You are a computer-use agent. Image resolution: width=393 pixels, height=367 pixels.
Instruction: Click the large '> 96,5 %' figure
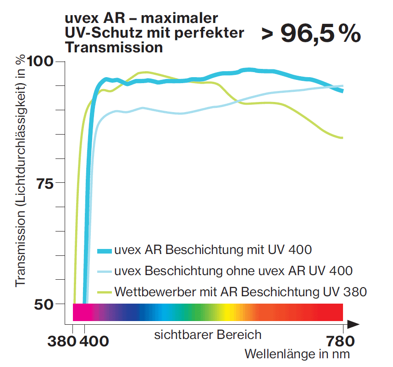(311, 34)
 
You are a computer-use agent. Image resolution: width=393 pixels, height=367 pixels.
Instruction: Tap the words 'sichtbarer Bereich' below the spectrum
(208, 334)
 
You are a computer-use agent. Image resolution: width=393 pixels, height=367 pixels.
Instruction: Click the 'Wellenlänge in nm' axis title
(297, 354)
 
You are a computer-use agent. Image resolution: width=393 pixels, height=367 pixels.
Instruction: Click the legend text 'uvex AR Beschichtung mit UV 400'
(213, 250)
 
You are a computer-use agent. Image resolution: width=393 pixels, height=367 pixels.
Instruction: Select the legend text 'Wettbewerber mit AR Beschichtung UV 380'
(241, 292)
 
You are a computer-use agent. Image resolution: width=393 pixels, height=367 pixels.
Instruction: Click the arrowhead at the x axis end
(353, 324)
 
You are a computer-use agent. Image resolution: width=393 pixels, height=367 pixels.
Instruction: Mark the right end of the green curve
(342, 138)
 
